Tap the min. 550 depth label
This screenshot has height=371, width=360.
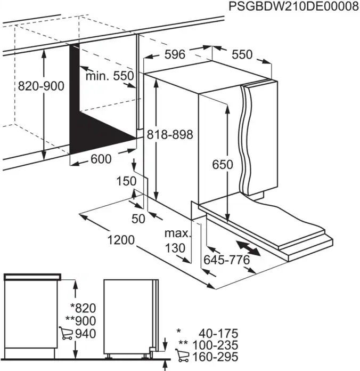point(110,76)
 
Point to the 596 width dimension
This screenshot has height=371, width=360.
point(174,54)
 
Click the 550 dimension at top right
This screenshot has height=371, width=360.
point(242,55)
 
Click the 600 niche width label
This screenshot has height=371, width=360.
point(101,159)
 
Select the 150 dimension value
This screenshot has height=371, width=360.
point(126,181)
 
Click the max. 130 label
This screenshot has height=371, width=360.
point(177,240)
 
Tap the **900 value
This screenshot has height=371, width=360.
point(80,321)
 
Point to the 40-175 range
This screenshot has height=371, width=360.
point(218,333)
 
